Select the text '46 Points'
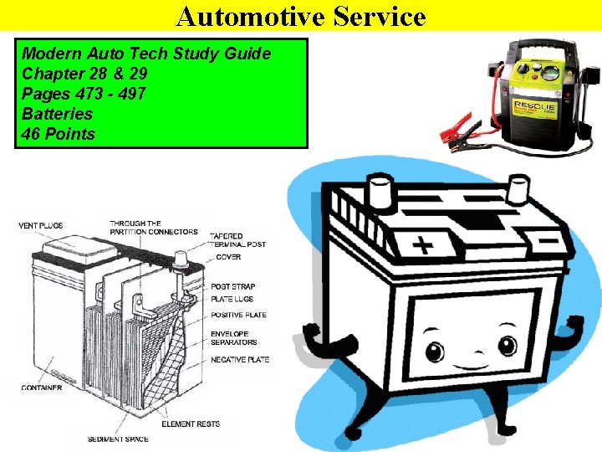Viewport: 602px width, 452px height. click(59, 134)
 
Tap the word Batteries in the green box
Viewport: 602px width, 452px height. click(57, 114)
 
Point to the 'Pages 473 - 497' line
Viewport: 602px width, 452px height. click(84, 94)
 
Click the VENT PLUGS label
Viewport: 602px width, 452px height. click(40, 226)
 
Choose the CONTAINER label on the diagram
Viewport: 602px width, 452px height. click(41, 388)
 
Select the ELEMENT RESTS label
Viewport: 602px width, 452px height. click(190, 424)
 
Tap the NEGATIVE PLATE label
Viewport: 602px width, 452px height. click(240, 359)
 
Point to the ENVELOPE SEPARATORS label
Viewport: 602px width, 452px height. click(234, 338)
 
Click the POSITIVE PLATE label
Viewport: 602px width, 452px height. click(239, 315)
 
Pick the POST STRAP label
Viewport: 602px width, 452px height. click(233, 286)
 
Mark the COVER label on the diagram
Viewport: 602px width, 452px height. click(228, 257)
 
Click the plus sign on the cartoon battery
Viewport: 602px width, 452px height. click(424, 246)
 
